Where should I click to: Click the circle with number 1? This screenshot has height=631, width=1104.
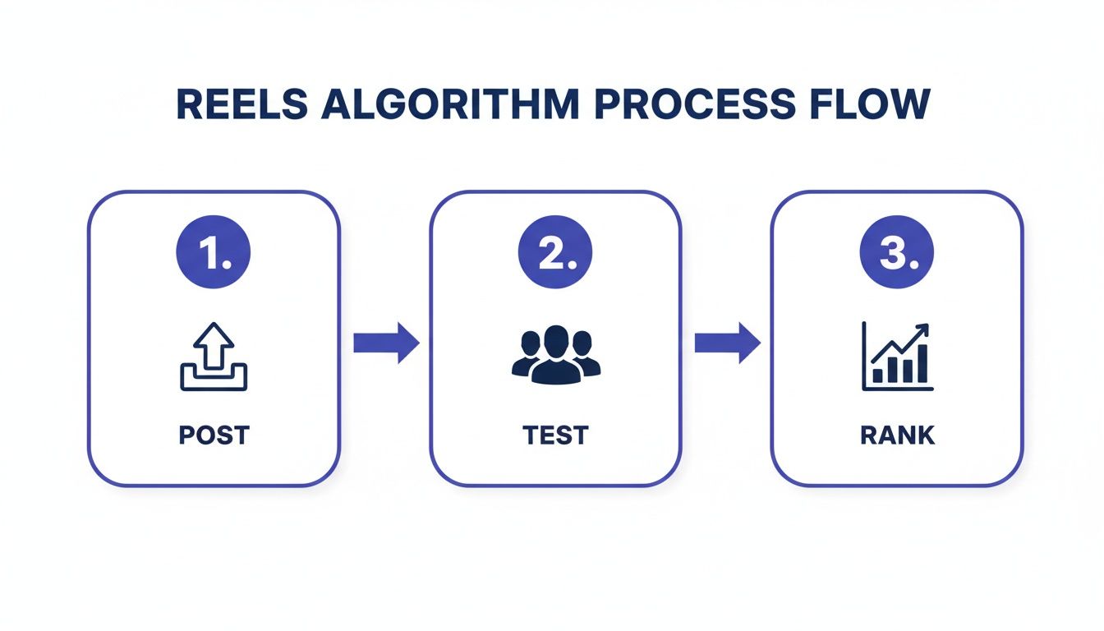pyautogui.click(x=214, y=256)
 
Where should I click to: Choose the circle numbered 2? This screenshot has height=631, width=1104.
pyautogui.click(x=555, y=256)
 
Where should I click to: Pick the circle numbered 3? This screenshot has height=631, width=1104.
pyautogui.click(x=897, y=256)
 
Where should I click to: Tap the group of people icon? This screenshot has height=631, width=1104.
pyautogui.click(x=555, y=355)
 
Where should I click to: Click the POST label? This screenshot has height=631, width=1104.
pyautogui.click(x=214, y=435)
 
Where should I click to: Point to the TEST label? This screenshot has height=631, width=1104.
pyautogui.click(x=555, y=435)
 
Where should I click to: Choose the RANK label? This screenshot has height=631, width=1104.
pyautogui.click(x=897, y=435)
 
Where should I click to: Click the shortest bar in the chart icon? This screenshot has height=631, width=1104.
pyautogui.click(x=877, y=375)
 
